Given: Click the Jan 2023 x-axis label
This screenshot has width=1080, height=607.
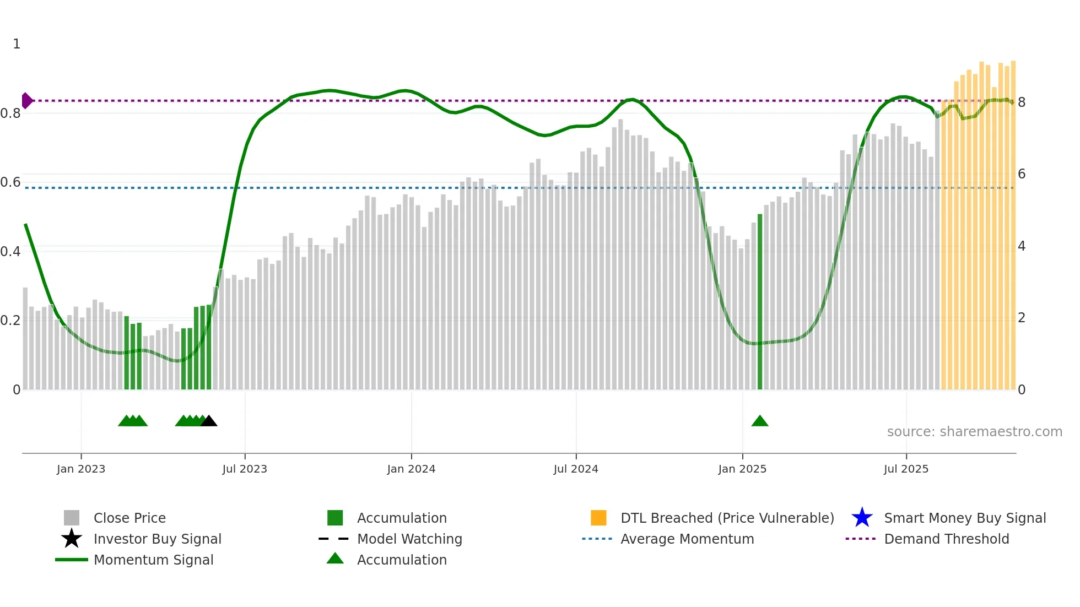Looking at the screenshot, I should coord(81,469).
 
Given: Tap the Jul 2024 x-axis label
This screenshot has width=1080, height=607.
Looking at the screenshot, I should coord(576,469).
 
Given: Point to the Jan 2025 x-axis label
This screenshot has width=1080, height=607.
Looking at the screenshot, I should coord(742,469).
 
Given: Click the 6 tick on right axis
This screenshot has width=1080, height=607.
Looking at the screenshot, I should coord(1022,175).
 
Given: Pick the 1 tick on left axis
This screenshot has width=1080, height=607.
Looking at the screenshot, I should coord(17,44).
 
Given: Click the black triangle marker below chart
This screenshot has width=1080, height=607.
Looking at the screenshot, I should coord(209,421).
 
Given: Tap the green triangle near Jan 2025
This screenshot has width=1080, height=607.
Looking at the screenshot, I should coord(760,421).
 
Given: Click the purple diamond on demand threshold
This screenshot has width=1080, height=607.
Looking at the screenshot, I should coord(26,101).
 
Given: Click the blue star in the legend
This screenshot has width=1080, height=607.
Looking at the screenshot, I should coord(862,518).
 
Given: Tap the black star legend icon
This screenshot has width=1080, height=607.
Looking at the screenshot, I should coord(72,539).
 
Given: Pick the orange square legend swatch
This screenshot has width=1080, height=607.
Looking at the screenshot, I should coord(598,518).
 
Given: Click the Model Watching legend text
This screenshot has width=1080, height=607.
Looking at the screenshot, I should coord(409,539).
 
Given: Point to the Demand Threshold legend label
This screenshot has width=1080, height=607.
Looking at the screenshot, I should coord(946,539).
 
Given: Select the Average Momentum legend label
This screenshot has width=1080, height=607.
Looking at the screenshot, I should coord(687,539).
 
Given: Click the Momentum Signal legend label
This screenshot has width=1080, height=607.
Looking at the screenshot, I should coord(153,560).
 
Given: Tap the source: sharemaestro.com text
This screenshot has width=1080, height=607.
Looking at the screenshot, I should coord(974,432).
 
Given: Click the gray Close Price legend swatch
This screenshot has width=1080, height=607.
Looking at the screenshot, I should coord(72,518).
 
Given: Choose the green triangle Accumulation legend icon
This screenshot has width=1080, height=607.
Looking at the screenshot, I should coord(335,559).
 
